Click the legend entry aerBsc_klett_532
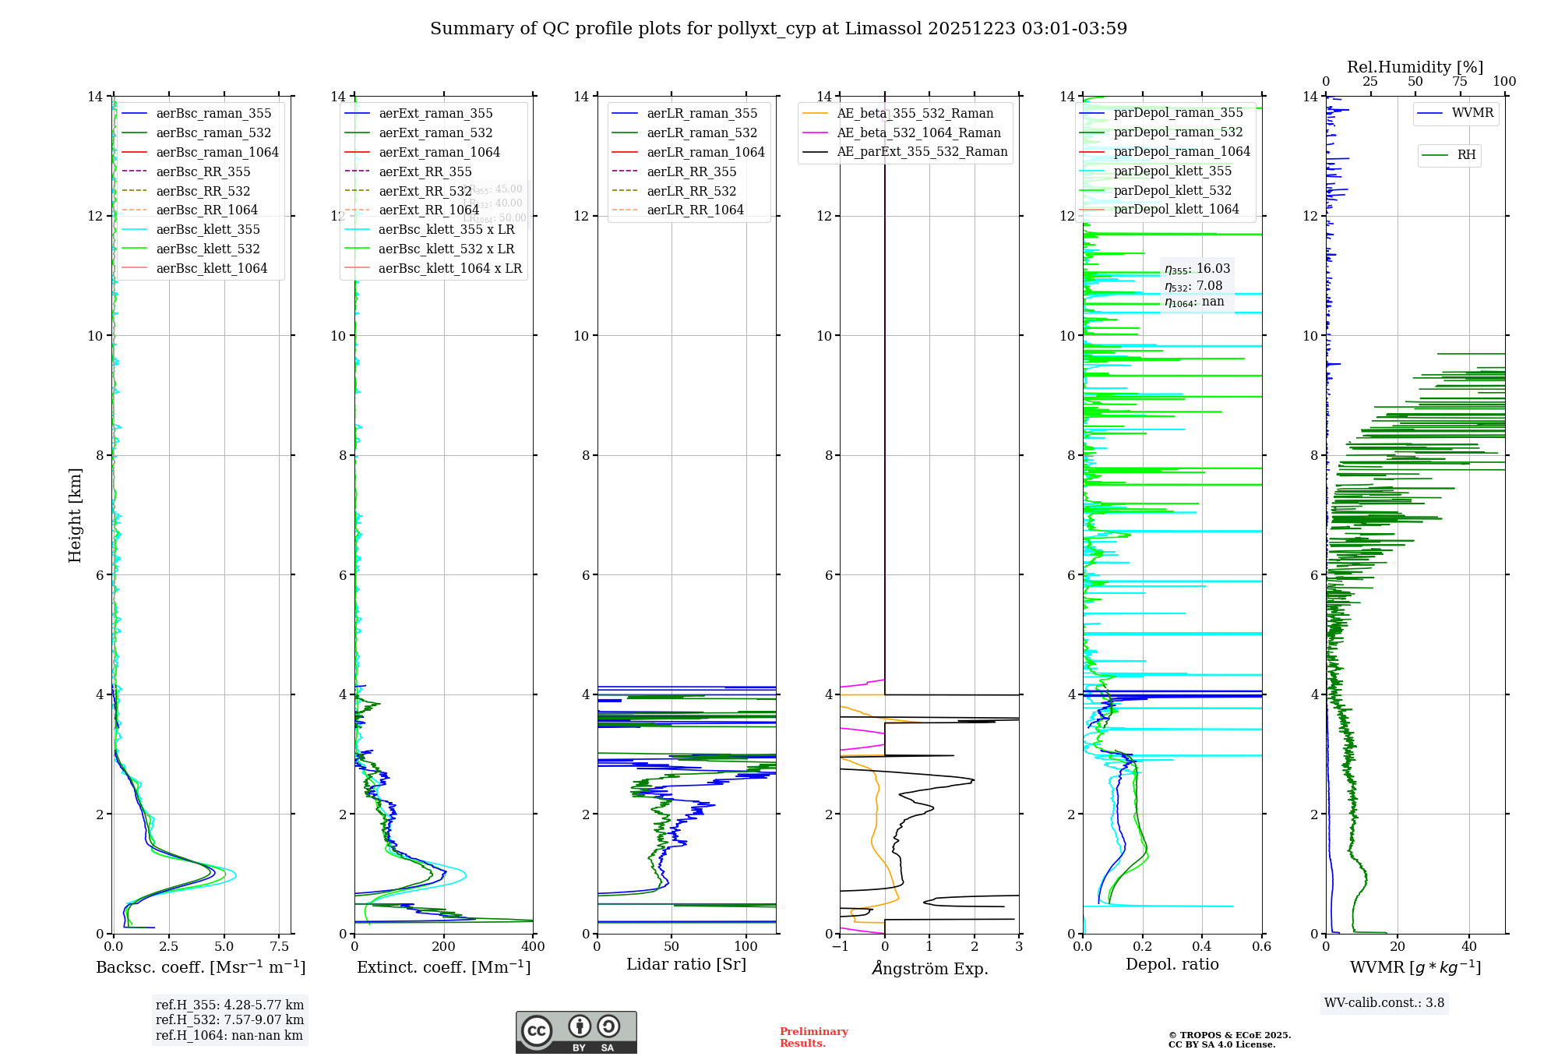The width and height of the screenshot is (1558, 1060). [208, 249]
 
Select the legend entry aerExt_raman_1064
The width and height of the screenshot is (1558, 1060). [439, 152]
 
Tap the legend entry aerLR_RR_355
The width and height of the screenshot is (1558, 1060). [691, 171]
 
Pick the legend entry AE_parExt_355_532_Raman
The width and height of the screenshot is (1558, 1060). [922, 152]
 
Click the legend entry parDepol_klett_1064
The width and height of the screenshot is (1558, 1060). [1176, 209]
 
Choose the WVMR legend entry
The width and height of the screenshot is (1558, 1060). [1472, 113]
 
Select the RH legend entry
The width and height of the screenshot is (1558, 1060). [1466, 155]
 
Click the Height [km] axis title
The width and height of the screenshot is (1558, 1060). [75, 515]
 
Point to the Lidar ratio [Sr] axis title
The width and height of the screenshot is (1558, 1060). [686, 964]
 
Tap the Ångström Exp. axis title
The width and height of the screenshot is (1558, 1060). [930, 968]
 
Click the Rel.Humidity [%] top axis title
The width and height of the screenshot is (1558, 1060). [1415, 67]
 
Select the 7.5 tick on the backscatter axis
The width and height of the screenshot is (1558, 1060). [280, 946]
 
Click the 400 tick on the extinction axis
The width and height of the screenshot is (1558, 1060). [533, 946]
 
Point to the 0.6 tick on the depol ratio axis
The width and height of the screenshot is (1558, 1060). [1261, 946]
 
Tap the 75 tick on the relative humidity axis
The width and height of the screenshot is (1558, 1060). [1460, 82]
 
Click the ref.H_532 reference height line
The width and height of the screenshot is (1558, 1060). [229, 1019]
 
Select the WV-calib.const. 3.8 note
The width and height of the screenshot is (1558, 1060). [1384, 1002]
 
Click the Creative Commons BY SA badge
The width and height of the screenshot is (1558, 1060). [576, 1032]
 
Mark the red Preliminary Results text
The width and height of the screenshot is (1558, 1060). [813, 1037]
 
